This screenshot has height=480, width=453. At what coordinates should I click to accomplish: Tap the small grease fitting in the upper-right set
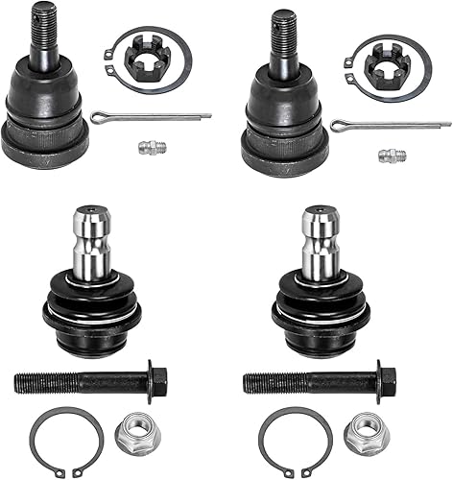click(x=390, y=155)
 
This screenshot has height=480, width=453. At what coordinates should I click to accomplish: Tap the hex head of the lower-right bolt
click(x=386, y=381)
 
